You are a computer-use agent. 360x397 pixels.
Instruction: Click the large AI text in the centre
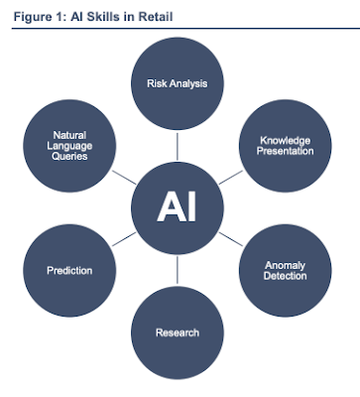click(177, 207)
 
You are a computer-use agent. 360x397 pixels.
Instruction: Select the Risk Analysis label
click(178, 83)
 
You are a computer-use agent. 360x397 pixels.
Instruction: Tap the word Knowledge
click(285, 141)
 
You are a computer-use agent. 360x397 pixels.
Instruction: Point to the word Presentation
click(285, 151)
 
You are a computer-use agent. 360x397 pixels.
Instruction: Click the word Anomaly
click(285, 265)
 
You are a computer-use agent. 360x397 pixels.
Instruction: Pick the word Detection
click(285, 276)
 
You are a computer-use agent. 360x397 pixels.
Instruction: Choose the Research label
click(178, 332)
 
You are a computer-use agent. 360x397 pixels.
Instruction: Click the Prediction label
click(69, 271)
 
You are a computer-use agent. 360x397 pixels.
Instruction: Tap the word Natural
click(69, 135)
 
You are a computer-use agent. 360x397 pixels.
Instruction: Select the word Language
click(69, 146)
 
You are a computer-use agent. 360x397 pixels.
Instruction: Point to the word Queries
click(69, 156)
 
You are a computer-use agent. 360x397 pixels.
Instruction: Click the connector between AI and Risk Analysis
click(178, 147)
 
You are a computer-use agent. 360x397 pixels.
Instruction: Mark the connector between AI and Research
click(178, 270)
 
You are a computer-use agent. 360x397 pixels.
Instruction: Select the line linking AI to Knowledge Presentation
click(231, 178)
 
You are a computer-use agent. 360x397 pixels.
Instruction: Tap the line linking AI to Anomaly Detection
click(231, 239)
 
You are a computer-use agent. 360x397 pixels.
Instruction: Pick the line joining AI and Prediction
click(124, 239)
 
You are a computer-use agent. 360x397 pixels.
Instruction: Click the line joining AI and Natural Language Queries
click(124, 178)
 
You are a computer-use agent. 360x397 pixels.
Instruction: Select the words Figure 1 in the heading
click(40, 17)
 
